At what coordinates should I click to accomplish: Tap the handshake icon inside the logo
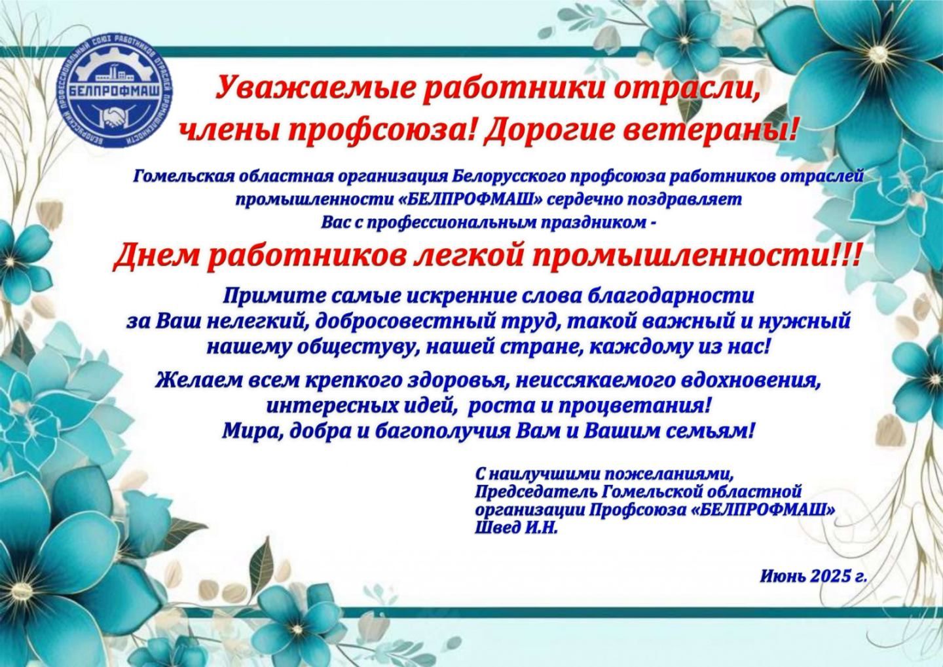coord(115,119)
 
